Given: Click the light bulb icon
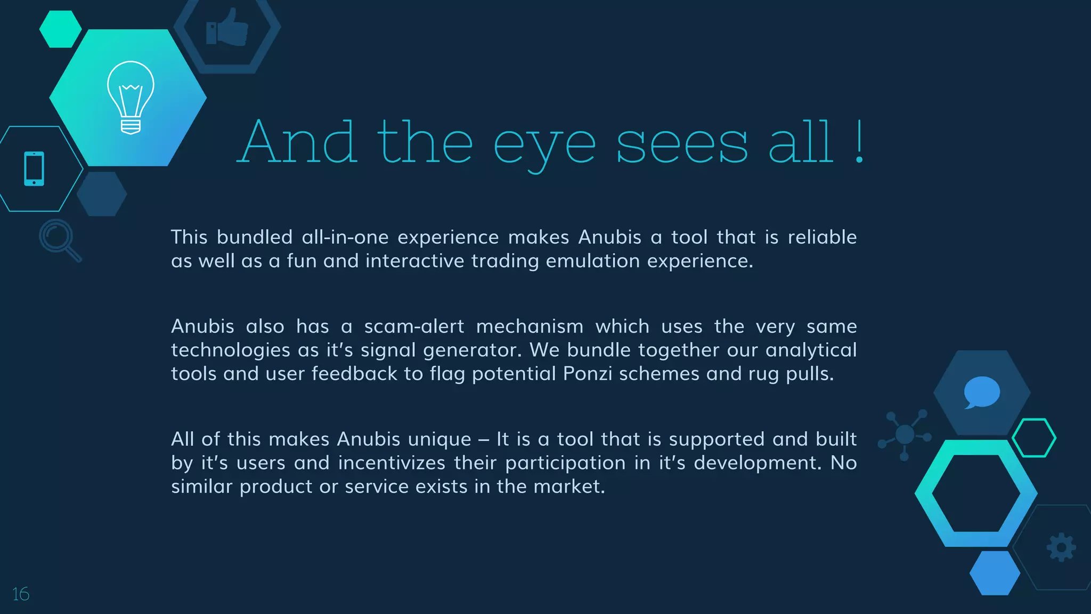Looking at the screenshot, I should pos(131,97).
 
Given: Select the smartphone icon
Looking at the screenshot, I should pos(34,169).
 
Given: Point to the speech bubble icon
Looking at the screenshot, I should pos(981,392).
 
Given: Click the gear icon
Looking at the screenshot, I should pos(1061,547).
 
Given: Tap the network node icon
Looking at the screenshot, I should pos(905,434).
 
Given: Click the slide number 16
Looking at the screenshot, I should pos(21,594).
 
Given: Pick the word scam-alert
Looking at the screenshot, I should pos(414,326).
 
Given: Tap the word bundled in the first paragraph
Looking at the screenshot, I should pos(255,237).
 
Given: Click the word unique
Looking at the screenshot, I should pos(439,439).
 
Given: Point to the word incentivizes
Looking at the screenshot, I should pos(392,463).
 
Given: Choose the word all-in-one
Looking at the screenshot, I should pos(345,237).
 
